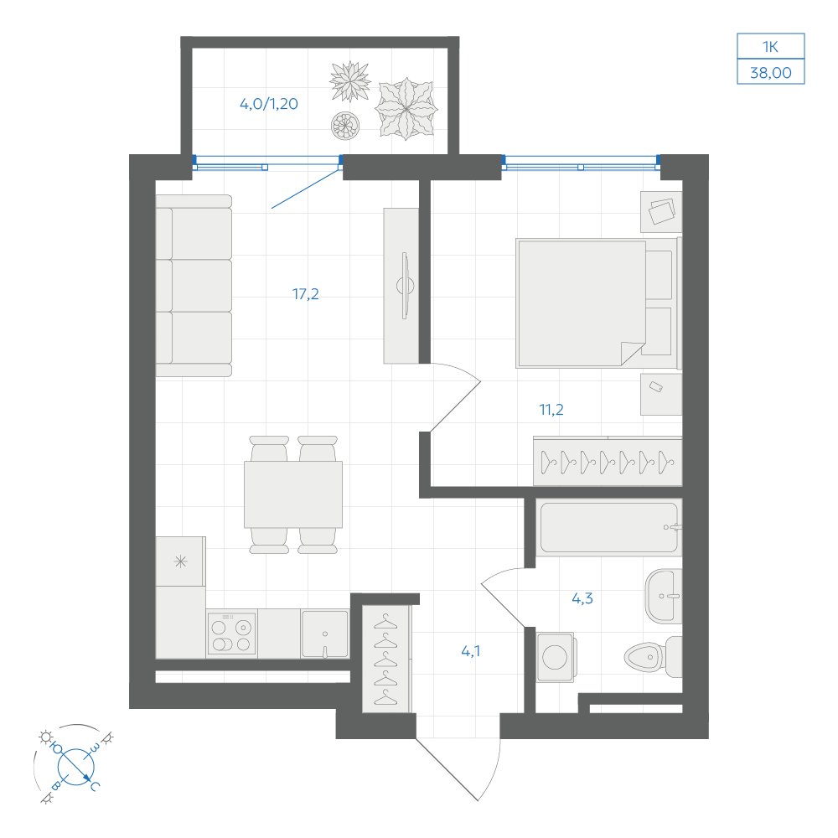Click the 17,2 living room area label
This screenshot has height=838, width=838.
(x=305, y=294)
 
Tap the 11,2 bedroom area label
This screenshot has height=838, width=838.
(x=551, y=410)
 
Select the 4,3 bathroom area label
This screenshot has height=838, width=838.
(x=582, y=598)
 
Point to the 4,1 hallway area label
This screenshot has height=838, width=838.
(x=470, y=651)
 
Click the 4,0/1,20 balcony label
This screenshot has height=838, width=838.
(x=269, y=104)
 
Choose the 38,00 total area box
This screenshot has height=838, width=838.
(x=771, y=72)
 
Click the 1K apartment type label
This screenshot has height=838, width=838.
(x=770, y=47)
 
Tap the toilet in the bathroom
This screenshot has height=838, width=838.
(x=653, y=657)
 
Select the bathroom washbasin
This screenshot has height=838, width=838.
(x=663, y=596)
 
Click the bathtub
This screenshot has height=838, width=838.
(x=608, y=527)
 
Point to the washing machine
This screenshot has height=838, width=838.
(x=556, y=657)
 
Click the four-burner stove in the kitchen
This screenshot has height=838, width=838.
(x=231, y=634)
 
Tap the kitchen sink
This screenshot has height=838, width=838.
(x=324, y=634)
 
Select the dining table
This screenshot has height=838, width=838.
(x=292, y=494)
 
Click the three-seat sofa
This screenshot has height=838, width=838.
(x=194, y=286)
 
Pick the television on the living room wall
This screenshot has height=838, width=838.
(x=405, y=286)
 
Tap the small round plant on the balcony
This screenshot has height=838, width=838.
(x=345, y=126)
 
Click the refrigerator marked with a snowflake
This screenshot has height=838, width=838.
(x=180, y=561)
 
